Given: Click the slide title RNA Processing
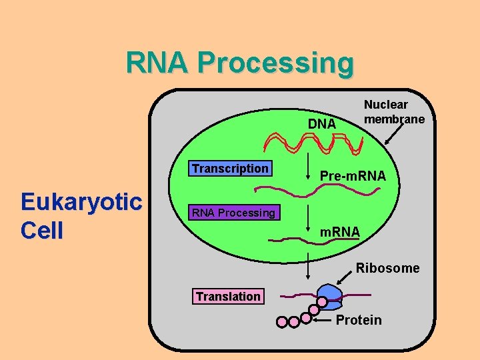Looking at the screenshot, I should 240,63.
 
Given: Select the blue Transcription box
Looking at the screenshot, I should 230,169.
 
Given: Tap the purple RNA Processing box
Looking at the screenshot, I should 233,213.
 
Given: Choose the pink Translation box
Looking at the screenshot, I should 228,297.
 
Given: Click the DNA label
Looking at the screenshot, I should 321,125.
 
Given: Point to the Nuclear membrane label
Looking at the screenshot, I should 394,112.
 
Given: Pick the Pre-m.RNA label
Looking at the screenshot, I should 353,176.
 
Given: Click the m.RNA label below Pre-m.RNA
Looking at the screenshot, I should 340,231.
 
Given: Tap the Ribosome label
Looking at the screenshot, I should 387,268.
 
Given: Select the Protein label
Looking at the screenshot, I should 359,320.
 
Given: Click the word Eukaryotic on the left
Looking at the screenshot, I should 81,201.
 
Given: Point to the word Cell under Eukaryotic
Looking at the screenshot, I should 42,231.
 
